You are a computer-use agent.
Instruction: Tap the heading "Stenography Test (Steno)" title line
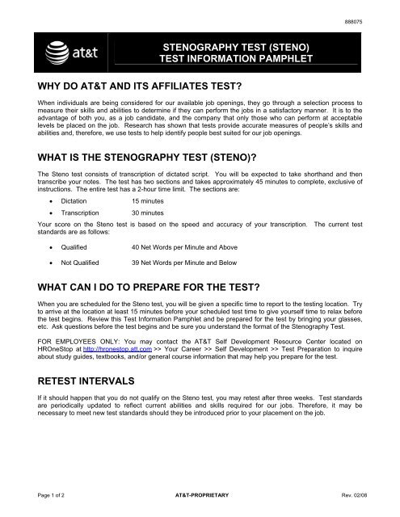pos(253,48)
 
